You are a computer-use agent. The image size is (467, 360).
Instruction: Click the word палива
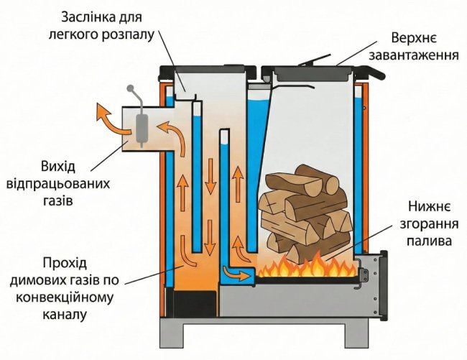pyautogui.click(x=429, y=240)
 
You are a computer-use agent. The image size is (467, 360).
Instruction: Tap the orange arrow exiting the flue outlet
pyautogui.click(x=108, y=118)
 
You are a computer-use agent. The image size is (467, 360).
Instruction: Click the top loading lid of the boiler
pyautogui.click(x=308, y=72)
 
